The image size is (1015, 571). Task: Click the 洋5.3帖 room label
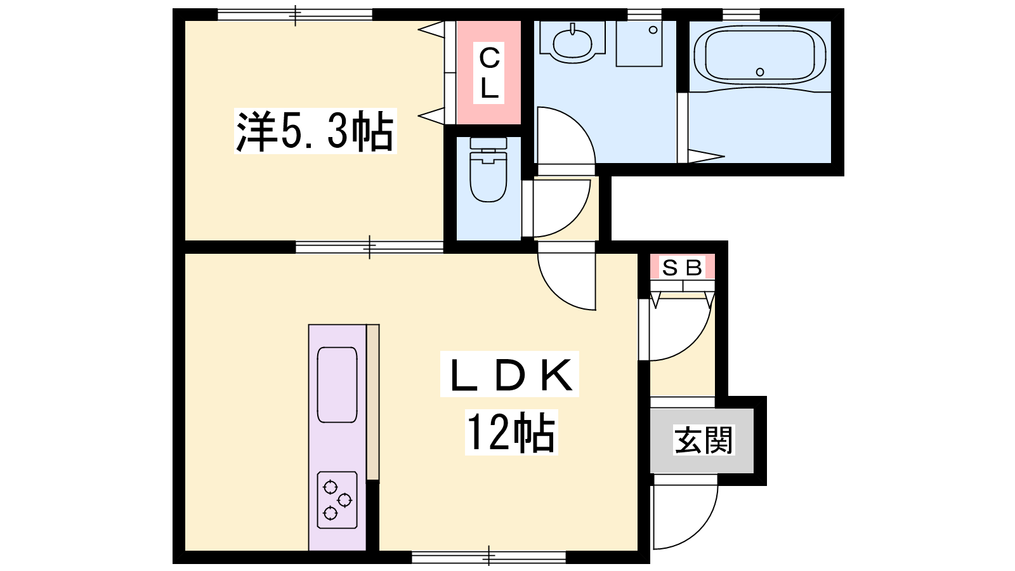click(315, 131)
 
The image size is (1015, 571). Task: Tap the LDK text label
click(510, 374)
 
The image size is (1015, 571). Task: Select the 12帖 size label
click(511, 433)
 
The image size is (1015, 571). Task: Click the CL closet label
click(489, 73)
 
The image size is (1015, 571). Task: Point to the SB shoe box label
click(682, 267)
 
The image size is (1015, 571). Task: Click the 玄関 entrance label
click(704, 440)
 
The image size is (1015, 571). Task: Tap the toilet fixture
click(488, 169)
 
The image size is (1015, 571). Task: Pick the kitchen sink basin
click(337, 384)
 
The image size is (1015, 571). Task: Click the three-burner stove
click(337, 500)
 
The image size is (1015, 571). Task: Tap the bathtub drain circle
click(760, 72)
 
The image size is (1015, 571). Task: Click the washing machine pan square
click(639, 44)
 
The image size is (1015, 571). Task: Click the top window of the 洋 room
click(295, 15)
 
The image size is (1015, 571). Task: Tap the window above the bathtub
click(741, 15)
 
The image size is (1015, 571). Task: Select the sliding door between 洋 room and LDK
click(369, 247)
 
